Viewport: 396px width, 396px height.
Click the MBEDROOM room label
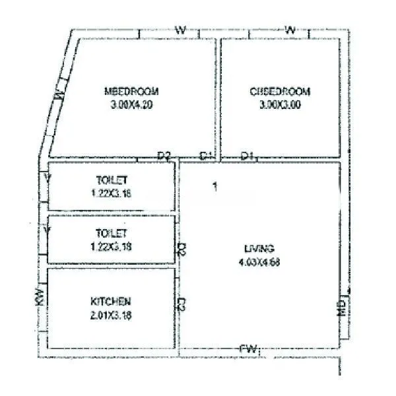(x=132, y=91)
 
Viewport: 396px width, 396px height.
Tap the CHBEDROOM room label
(x=279, y=91)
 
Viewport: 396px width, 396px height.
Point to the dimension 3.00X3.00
(x=279, y=104)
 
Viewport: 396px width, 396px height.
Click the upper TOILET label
(x=112, y=180)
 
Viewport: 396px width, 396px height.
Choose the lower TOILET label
(x=112, y=233)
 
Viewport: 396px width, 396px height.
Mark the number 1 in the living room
(x=214, y=187)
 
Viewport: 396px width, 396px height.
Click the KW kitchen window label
(x=40, y=298)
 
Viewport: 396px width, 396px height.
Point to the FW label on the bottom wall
(x=248, y=348)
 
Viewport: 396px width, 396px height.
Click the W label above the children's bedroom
(x=289, y=30)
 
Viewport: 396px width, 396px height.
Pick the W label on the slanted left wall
(x=59, y=96)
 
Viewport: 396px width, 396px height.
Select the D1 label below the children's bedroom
(x=247, y=156)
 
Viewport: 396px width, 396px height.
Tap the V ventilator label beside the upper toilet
(x=47, y=178)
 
